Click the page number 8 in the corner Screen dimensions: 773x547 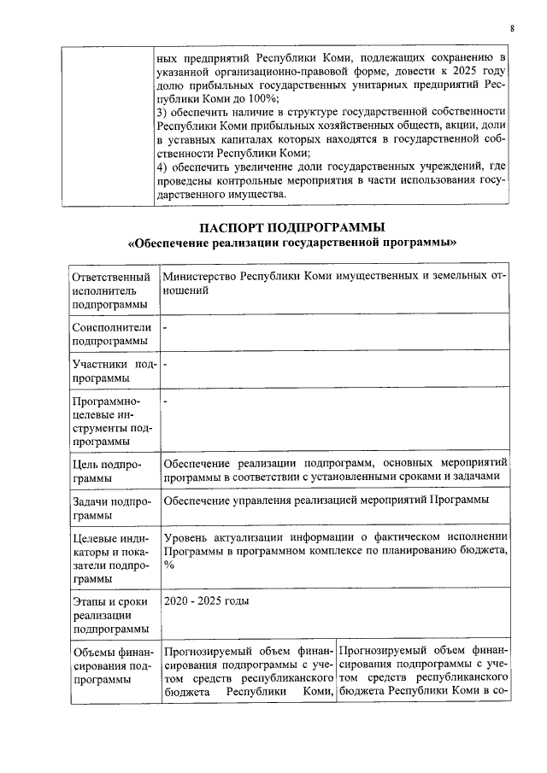(512, 28)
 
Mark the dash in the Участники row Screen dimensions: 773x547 (166, 366)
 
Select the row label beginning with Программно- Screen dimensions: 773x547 (112, 421)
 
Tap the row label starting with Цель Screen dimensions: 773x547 (112, 471)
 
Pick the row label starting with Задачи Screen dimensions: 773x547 (112, 507)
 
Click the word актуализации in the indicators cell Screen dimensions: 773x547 (253, 537)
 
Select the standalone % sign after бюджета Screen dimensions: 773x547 (169, 565)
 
